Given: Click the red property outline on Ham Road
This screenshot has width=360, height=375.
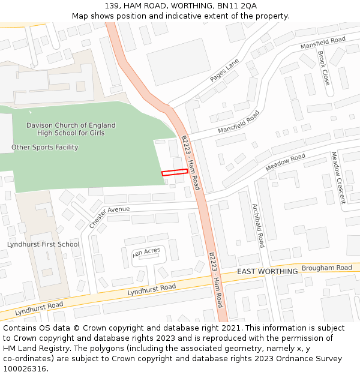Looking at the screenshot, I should point(175,172).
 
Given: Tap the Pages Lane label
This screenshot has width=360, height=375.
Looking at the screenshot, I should point(224,70).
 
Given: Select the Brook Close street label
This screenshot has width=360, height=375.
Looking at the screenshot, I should point(323,68).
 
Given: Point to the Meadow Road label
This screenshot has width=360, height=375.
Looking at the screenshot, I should point(285,163).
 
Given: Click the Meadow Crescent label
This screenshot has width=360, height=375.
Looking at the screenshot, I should point(338,177).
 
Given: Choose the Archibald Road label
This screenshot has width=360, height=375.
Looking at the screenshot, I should point(259,225).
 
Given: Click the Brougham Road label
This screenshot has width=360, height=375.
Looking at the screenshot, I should point(326,268).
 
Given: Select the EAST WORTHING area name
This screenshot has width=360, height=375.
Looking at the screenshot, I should point(267,272).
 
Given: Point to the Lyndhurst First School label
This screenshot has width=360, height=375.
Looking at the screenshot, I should point(43,244).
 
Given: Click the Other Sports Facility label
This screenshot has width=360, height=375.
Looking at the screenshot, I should point(44,147).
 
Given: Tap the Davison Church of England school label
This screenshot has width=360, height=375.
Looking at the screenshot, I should point(71,129).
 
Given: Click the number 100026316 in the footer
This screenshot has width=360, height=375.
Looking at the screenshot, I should point(26,369).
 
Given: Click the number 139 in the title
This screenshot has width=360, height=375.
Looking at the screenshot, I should point(111,6).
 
